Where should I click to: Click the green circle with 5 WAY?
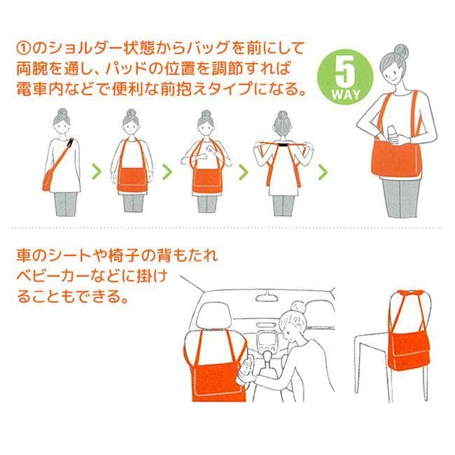coord(345,76)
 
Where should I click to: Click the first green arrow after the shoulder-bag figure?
coord(97,171)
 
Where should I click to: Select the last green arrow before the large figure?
coord(323,172)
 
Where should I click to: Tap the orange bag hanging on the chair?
coord(409,351)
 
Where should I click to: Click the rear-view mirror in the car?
coord(267,297)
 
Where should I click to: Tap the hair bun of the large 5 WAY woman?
coord(402,52)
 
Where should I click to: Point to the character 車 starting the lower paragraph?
coord(24,255)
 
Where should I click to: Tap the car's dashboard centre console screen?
coord(265,339)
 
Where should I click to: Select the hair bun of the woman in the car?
coord(297,307)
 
